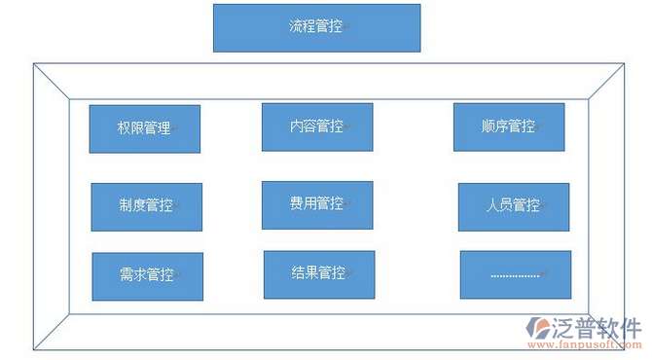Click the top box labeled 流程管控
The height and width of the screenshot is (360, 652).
316,27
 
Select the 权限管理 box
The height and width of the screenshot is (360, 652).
144,128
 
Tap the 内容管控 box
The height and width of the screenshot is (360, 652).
316,126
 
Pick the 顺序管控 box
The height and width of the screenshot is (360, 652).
508,126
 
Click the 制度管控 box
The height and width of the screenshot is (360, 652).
146,206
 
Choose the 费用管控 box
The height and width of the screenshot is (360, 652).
316,204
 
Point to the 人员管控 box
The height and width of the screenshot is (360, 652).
513,206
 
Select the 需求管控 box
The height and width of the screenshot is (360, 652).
147,276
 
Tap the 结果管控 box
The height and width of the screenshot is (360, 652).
318,274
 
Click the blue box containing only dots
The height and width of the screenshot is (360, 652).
514,274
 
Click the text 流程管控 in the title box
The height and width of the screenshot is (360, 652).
315,27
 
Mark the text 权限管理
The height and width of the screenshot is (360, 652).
143,128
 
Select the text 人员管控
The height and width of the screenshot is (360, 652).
513,206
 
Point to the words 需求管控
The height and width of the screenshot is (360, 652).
147,275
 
